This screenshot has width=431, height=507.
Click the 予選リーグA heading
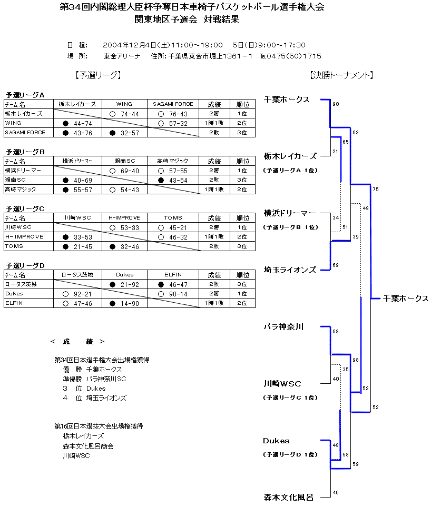pos(25,95)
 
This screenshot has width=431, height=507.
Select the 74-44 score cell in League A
pos(124,114)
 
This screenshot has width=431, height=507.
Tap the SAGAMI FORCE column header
pos(173,104)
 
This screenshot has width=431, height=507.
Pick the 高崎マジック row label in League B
pos(21,190)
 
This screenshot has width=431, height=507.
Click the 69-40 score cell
pos(124,171)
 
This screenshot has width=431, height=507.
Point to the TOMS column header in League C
pos(173,218)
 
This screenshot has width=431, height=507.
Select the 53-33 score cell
pos(124,227)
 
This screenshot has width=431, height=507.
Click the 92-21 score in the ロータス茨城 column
pos(77,294)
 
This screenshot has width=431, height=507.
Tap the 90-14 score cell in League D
pos(173,294)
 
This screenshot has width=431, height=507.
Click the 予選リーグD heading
pos(25,265)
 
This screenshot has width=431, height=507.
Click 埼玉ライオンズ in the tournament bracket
pos(290,270)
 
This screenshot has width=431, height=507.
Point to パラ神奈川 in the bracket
pos(284,327)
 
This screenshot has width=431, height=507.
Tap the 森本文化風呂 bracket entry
pos(289,497)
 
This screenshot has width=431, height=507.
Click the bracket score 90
pos(336,104)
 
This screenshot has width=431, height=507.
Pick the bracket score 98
pos(356,360)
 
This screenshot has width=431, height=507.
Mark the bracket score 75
pos(375,189)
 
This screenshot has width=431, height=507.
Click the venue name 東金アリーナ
pos(122,56)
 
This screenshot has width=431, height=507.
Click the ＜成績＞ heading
pos(77,342)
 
